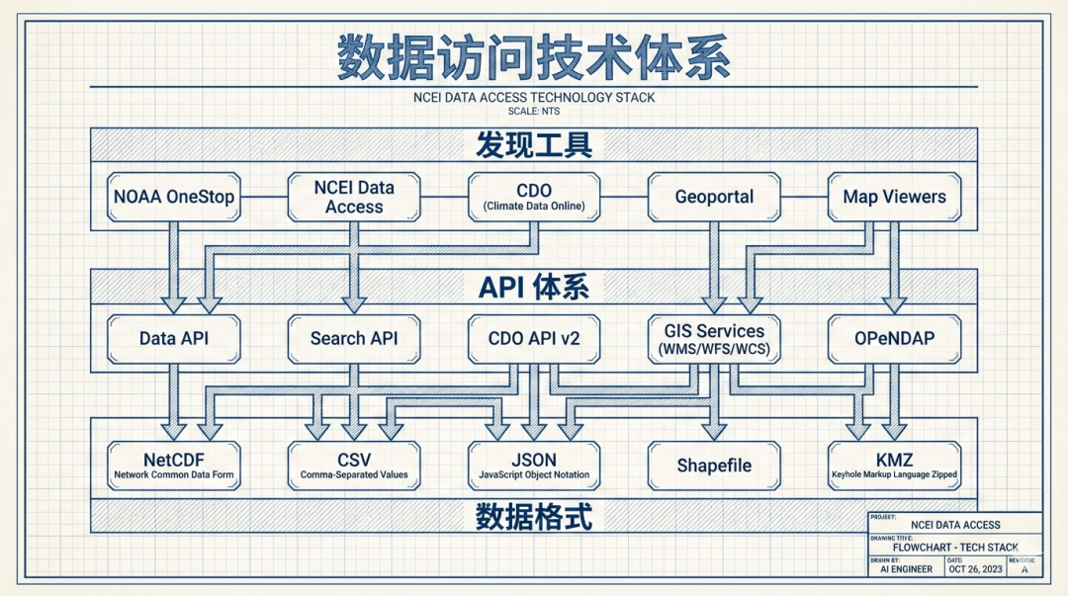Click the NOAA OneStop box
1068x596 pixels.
coord(174,197)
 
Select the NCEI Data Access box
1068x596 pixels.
coord(354,197)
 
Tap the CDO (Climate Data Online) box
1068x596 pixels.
coord(534,197)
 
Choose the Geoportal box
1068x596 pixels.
coord(714,197)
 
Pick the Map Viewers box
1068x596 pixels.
coord(894,197)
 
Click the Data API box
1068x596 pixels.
coord(174,338)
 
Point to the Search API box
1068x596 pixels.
coord(354,338)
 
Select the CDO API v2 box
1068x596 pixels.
coord(534,338)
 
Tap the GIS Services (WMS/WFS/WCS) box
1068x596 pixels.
coord(714,338)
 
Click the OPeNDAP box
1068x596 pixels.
coord(894,338)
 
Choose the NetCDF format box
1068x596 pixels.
coord(174,466)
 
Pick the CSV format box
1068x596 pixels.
coord(354,466)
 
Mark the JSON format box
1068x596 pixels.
coord(534,466)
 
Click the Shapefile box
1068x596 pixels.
coord(714,466)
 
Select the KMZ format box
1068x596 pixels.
coord(894,466)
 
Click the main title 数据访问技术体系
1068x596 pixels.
coord(534,56)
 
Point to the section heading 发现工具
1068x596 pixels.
coord(534,145)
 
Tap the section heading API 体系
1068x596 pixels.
coord(534,288)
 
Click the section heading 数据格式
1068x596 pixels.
coord(534,516)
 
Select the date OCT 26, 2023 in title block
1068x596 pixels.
coord(975,568)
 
